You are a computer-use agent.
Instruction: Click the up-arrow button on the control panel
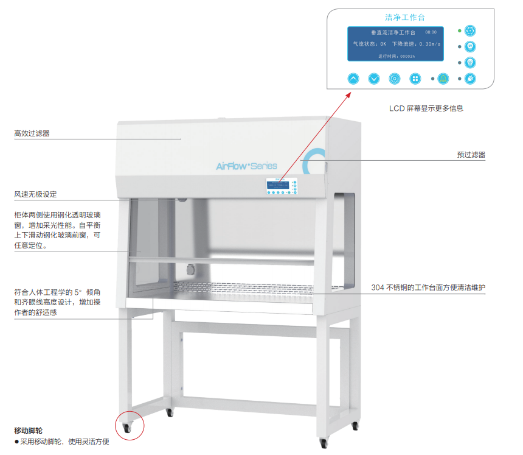coord(354,79)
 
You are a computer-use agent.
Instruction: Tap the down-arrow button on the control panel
coord(374,79)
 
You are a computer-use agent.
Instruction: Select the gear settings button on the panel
coord(395,79)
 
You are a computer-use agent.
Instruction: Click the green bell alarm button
coord(443,79)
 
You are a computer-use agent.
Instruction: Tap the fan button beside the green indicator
coord(469,30)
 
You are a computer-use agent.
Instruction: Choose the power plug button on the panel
coord(469,79)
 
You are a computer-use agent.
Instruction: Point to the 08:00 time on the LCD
coord(431,32)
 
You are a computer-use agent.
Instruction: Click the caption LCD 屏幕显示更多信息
coord(426,108)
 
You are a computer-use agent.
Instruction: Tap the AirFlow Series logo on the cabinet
coord(246,166)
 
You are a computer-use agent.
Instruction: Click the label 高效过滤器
coord(32,133)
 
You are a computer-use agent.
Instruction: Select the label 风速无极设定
coord(35,194)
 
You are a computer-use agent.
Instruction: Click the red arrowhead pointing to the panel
coord(349,94)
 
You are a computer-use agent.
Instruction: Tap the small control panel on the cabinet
coord(281,186)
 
